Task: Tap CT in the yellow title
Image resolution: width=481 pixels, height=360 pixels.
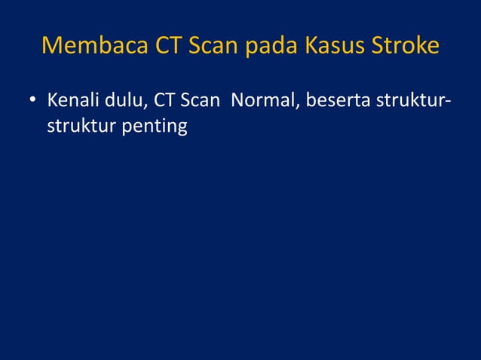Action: [x=164, y=46]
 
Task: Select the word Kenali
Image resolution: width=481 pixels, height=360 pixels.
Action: [x=72, y=99]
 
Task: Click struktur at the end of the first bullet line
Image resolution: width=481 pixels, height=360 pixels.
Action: [x=405, y=99]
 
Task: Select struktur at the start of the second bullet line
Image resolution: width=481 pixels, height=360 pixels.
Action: [x=78, y=126]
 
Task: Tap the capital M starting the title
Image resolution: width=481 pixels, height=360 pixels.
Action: [x=51, y=46]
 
